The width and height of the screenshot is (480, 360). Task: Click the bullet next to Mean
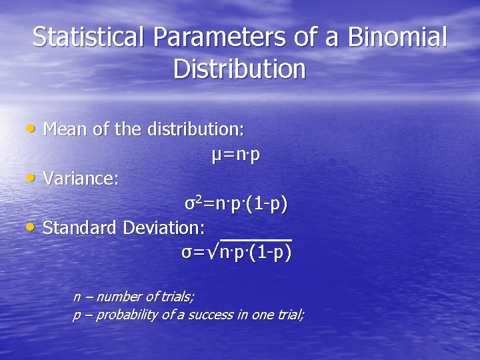click(x=31, y=127)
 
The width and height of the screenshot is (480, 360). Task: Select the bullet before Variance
click(x=31, y=177)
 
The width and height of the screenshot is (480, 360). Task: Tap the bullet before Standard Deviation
click(x=31, y=227)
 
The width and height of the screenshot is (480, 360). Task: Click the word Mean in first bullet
click(x=65, y=128)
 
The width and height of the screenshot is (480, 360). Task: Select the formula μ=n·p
click(x=235, y=155)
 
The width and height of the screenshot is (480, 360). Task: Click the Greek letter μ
click(x=216, y=155)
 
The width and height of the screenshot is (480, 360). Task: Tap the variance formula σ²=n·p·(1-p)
click(x=236, y=203)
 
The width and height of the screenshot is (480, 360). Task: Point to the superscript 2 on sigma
click(x=197, y=199)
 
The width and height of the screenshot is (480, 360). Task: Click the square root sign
click(x=214, y=253)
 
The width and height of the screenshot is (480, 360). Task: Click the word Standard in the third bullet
click(x=80, y=228)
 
